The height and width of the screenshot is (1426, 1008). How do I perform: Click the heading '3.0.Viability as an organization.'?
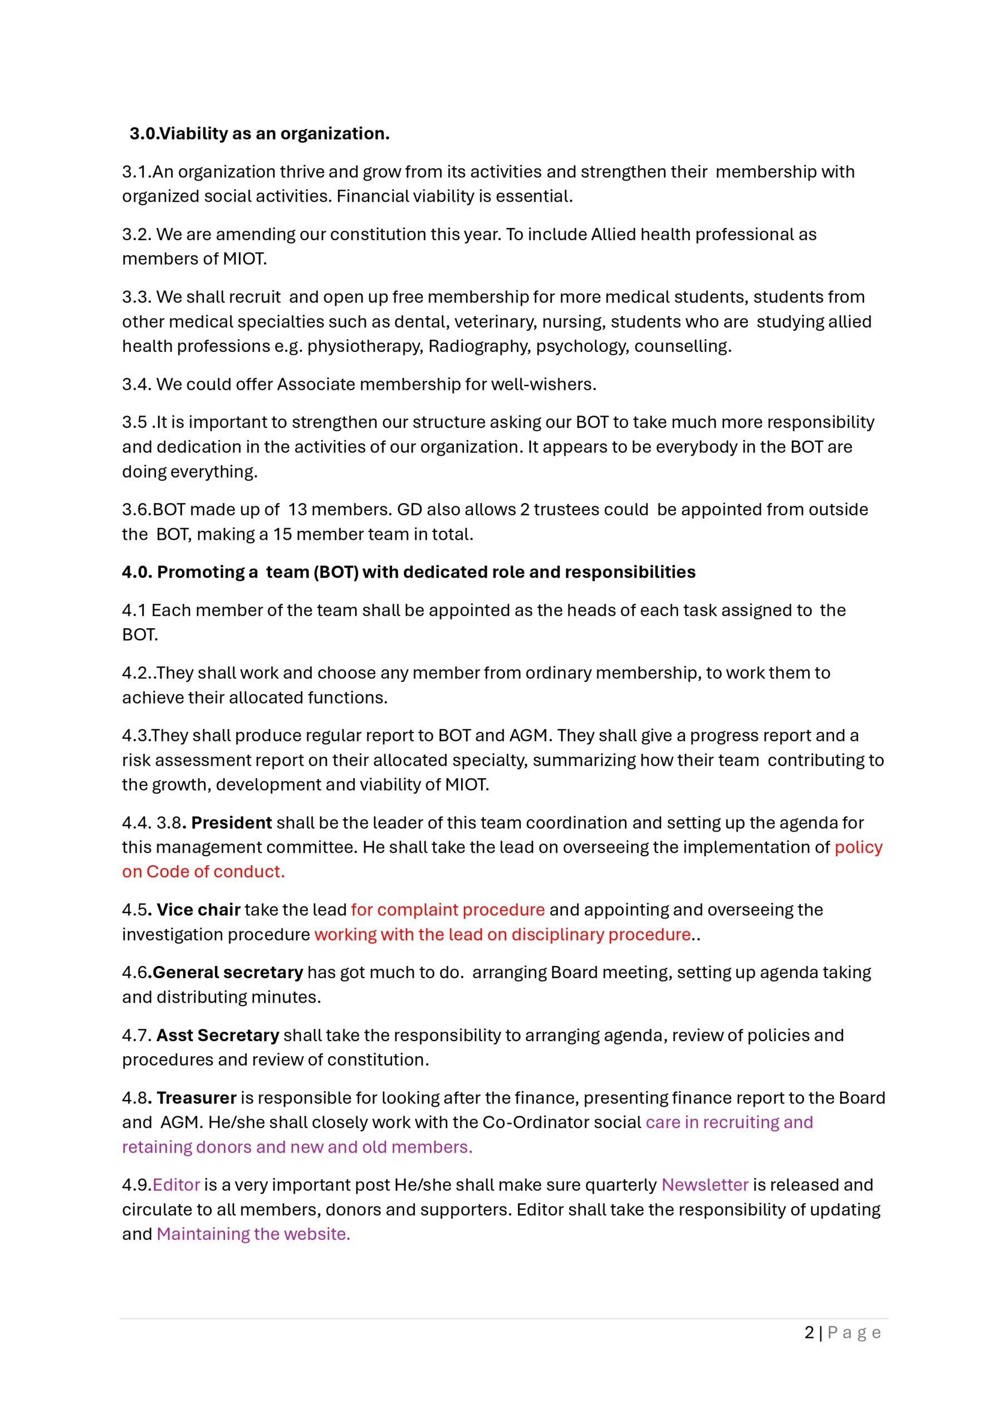click(x=259, y=134)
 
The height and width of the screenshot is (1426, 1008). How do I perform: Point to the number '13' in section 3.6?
click(x=297, y=509)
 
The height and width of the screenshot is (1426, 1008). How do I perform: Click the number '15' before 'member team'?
click(x=282, y=534)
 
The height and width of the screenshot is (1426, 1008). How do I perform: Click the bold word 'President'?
click(x=231, y=823)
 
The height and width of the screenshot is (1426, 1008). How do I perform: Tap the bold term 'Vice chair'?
click(x=198, y=910)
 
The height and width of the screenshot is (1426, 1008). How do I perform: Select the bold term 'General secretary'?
click(x=227, y=972)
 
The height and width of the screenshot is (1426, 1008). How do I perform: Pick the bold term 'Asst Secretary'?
click(x=217, y=1036)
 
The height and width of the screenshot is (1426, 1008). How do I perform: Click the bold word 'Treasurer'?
click(x=196, y=1098)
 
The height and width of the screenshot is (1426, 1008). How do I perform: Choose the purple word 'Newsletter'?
click(x=705, y=1185)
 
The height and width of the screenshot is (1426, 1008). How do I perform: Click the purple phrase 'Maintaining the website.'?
click(x=253, y=1234)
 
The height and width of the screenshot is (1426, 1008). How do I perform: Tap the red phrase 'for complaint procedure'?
click(x=448, y=910)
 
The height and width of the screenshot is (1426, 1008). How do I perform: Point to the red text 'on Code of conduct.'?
click(x=203, y=872)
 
